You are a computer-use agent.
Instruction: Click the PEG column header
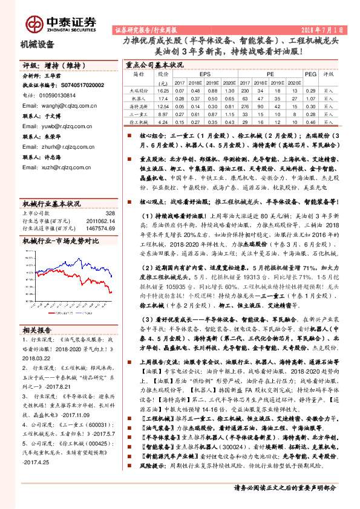[x=310, y=74]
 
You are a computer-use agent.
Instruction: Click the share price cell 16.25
[x=162, y=90]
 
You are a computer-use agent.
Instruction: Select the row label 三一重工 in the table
[x=139, y=114]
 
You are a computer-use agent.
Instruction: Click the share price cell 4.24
[x=162, y=122]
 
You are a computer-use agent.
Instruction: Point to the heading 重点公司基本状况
[x=154, y=64]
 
